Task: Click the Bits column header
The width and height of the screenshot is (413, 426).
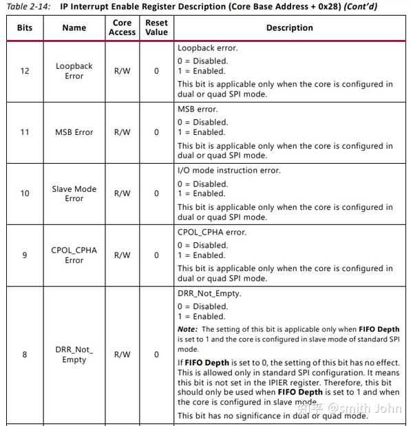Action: (x=25, y=28)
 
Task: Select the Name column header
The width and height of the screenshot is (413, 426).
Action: (x=74, y=28)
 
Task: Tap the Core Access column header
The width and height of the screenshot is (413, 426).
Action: (x=122, y=28)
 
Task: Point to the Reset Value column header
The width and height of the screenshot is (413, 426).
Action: (x=156, y=28)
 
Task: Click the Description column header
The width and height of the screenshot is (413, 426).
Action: (x=289, y=28)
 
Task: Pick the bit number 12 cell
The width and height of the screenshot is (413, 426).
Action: (x=25, y=71)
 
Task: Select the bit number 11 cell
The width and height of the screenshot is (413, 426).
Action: (x=25, y=132)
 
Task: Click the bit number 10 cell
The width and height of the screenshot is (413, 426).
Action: (x=25, y=193)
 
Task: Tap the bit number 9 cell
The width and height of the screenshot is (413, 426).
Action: (x=25, y=255)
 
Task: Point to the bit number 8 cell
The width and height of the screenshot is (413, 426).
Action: (x=25, y=354)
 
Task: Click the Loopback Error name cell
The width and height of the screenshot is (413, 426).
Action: (x=74, y=71)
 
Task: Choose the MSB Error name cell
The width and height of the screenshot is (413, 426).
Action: (x=74, y=132)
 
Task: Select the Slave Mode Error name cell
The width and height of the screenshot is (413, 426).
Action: (x=74, y=193)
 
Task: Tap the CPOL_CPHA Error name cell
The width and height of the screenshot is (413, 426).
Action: (x=74, y=255)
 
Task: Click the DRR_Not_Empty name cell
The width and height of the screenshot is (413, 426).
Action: (x=74, y=354)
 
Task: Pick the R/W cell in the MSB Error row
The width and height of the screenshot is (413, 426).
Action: (x=122, y=132)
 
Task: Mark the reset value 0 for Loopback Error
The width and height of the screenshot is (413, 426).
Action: (x=156, y=71)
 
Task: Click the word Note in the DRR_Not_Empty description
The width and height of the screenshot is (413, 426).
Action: (x=187, y=330)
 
